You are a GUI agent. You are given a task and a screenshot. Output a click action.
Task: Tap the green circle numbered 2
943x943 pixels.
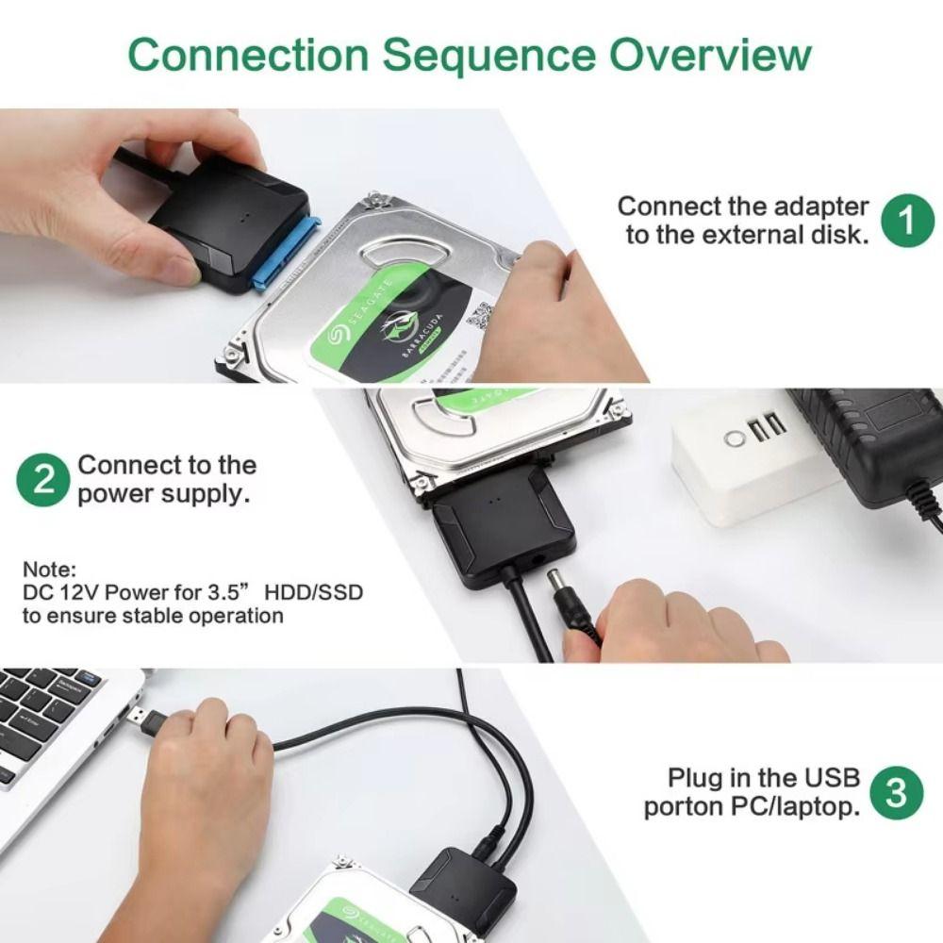pyautogui.click(x=42, y=480)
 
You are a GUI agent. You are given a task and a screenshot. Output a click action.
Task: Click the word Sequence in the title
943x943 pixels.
pyautogui.click(x=490, y=54)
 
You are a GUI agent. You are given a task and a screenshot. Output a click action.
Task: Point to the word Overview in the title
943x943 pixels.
pyautogui.click(x=709, y=54)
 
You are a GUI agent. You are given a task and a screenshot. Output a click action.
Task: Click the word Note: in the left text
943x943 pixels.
pyautogui.click(x=49, y=570)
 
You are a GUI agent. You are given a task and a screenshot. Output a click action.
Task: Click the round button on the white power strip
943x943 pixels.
pyautogui.click(x=733, y=438)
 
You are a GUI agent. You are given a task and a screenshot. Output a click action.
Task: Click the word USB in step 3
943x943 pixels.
pyautogui.click(x=832, y=778)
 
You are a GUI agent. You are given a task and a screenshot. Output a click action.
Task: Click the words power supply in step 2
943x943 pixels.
pyautogui.click(x=164, y=493)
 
